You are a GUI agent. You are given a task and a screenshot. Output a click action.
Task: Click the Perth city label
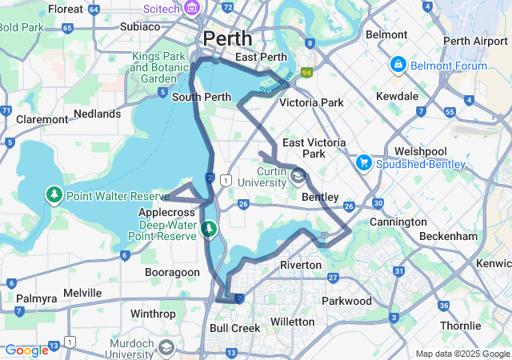[x=227, y=38]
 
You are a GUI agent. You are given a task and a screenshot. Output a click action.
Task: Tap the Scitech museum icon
[x=192, y=8]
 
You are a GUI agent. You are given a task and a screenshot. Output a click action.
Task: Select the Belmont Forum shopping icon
[x=398, y=64]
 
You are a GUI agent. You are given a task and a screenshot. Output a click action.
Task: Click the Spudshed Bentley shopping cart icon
[x=364, y=163]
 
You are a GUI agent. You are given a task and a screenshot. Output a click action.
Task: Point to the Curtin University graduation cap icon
[x=298, y=175]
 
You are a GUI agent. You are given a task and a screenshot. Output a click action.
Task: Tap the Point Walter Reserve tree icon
[x=54, y=195]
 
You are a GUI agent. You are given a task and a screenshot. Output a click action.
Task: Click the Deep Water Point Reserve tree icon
[x=209, y=230]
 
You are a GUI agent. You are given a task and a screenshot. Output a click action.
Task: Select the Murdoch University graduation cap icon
[x=166, y=348]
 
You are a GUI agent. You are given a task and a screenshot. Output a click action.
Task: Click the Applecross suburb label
[x=168, y=213]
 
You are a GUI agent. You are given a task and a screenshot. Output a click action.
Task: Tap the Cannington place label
[x=398, y=222]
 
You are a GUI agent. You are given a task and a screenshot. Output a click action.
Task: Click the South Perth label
[x=202, y=97]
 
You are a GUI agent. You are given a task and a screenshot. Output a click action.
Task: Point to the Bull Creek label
[x=235, y=328]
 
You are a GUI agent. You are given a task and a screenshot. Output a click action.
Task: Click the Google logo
[x=26, y=350]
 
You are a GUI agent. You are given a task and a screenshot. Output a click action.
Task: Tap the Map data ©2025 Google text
[x=462, y=354]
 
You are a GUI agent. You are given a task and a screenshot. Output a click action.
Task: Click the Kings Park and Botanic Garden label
[x=158, y=68]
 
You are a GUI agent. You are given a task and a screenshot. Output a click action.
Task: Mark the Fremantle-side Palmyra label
[x=38, y=298]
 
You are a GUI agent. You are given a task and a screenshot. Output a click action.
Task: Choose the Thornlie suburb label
[x=460, y=326]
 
